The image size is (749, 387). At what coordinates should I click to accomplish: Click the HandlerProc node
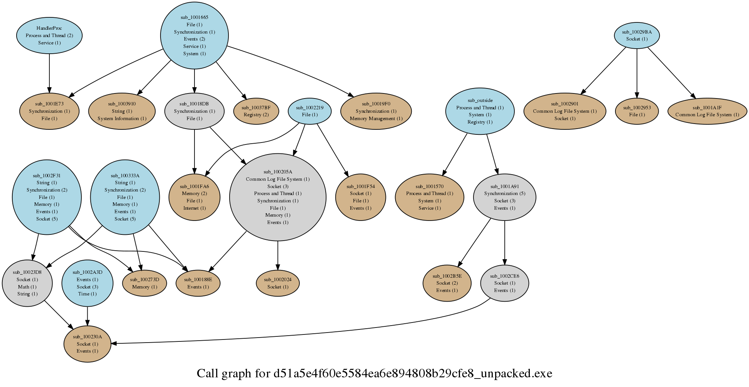coord(49,36)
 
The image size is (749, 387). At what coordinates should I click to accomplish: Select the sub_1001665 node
coord(194,36)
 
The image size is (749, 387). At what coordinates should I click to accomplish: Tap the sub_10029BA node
coord(637,36)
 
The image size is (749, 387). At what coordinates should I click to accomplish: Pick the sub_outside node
coord(480,111)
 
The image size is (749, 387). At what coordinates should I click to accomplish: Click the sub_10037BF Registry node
coord(256,111)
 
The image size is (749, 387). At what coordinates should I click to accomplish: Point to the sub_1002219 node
coord(310,111)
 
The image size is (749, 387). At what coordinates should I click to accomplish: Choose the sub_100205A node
coord(278,197)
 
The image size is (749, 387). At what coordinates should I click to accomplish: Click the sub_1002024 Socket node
coord(278,283)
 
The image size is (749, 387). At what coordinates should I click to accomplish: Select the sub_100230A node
coord(88,344)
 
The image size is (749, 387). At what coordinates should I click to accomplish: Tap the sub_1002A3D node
coord(88,283)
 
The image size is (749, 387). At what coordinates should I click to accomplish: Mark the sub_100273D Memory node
coord(145,283)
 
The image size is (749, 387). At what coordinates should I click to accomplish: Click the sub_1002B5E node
coord(447,283)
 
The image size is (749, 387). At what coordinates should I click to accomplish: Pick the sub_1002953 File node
coord(637,111)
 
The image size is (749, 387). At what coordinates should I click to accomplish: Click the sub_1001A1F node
coord(707,111)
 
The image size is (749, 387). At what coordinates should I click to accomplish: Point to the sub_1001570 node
coord(429,197)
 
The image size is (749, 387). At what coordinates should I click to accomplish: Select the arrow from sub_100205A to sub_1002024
coord(278,255)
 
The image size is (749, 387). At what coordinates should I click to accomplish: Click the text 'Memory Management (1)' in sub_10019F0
coord(376,119)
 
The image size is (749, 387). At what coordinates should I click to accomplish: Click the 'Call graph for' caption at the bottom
coord(234,374)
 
